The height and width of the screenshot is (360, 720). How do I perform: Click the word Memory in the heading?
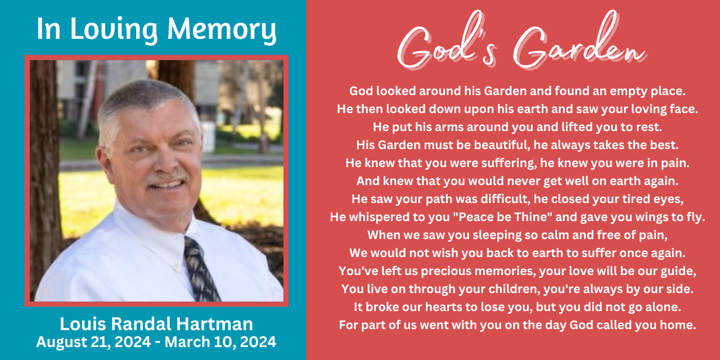[x=222, y=30]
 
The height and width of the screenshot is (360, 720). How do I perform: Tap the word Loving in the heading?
[x=114, y=30]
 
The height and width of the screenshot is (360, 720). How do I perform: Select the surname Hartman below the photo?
[x=214, y=323]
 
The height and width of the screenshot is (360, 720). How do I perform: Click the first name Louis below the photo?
[x=83, y=323]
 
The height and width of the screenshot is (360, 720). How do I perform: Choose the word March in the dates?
[x=187, y=341]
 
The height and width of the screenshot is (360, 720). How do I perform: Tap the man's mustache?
[x=166, y=178]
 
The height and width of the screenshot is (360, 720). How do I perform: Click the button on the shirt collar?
[x=176, y=267]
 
